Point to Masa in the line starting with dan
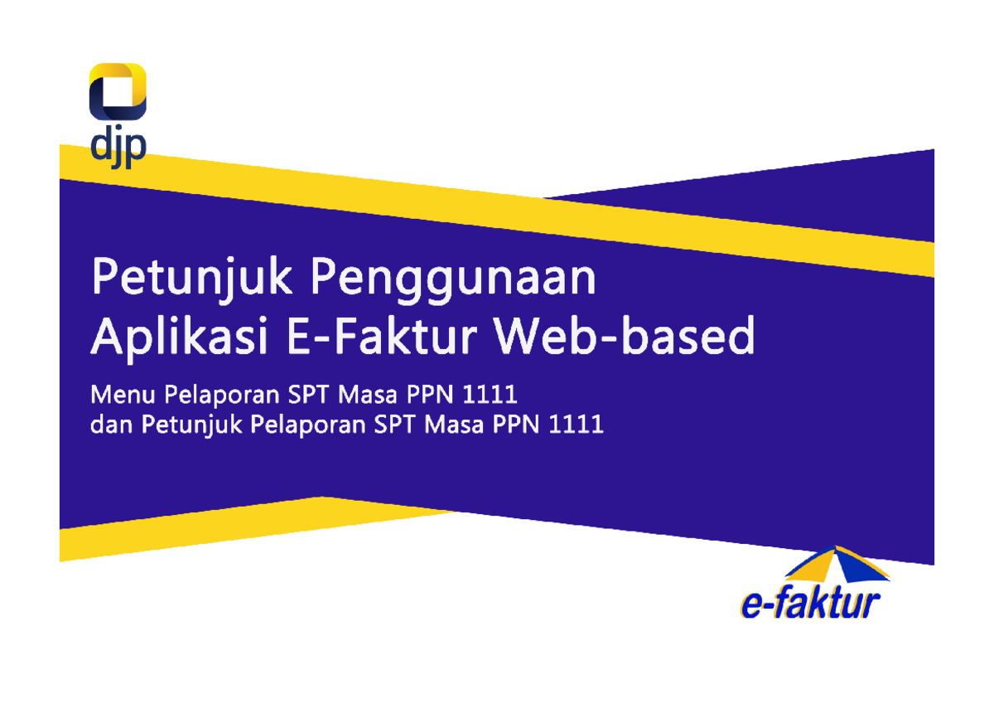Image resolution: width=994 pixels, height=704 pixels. [x=450, y=425]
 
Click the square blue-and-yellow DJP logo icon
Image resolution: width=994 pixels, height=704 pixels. [x=118, y=91]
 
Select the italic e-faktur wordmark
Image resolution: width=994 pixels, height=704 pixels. [x=810, y=603]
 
